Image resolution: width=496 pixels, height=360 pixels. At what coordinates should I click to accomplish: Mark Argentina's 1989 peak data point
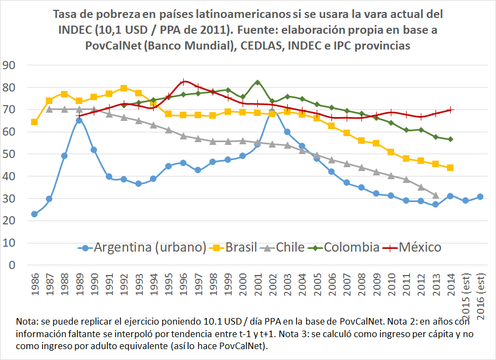click(x=79, y=120)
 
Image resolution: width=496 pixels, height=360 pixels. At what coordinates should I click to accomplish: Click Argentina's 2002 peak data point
click(x=272, y=112)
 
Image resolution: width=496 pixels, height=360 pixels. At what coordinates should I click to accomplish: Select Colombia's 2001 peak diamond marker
click(x=257, y=82)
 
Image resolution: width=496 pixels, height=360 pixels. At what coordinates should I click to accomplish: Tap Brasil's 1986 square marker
click(x=34, y=122)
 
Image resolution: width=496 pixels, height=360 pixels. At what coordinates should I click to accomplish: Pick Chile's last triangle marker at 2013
click(x=435, y=195)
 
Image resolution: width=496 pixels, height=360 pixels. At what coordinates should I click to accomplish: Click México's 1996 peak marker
click(x=184, y=82)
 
